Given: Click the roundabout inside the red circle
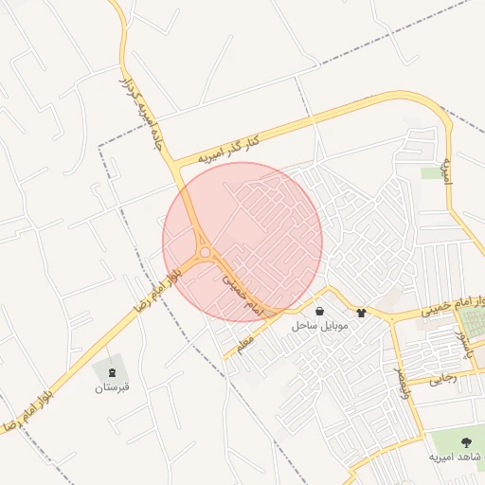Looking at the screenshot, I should (x=205, y=252).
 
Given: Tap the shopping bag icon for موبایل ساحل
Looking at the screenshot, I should (x=319, y=311).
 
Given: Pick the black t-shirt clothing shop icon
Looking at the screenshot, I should (x=361, y=312).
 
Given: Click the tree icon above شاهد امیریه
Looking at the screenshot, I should (x=465, y=441).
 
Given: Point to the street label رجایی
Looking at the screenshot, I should (x=443, y=379).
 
